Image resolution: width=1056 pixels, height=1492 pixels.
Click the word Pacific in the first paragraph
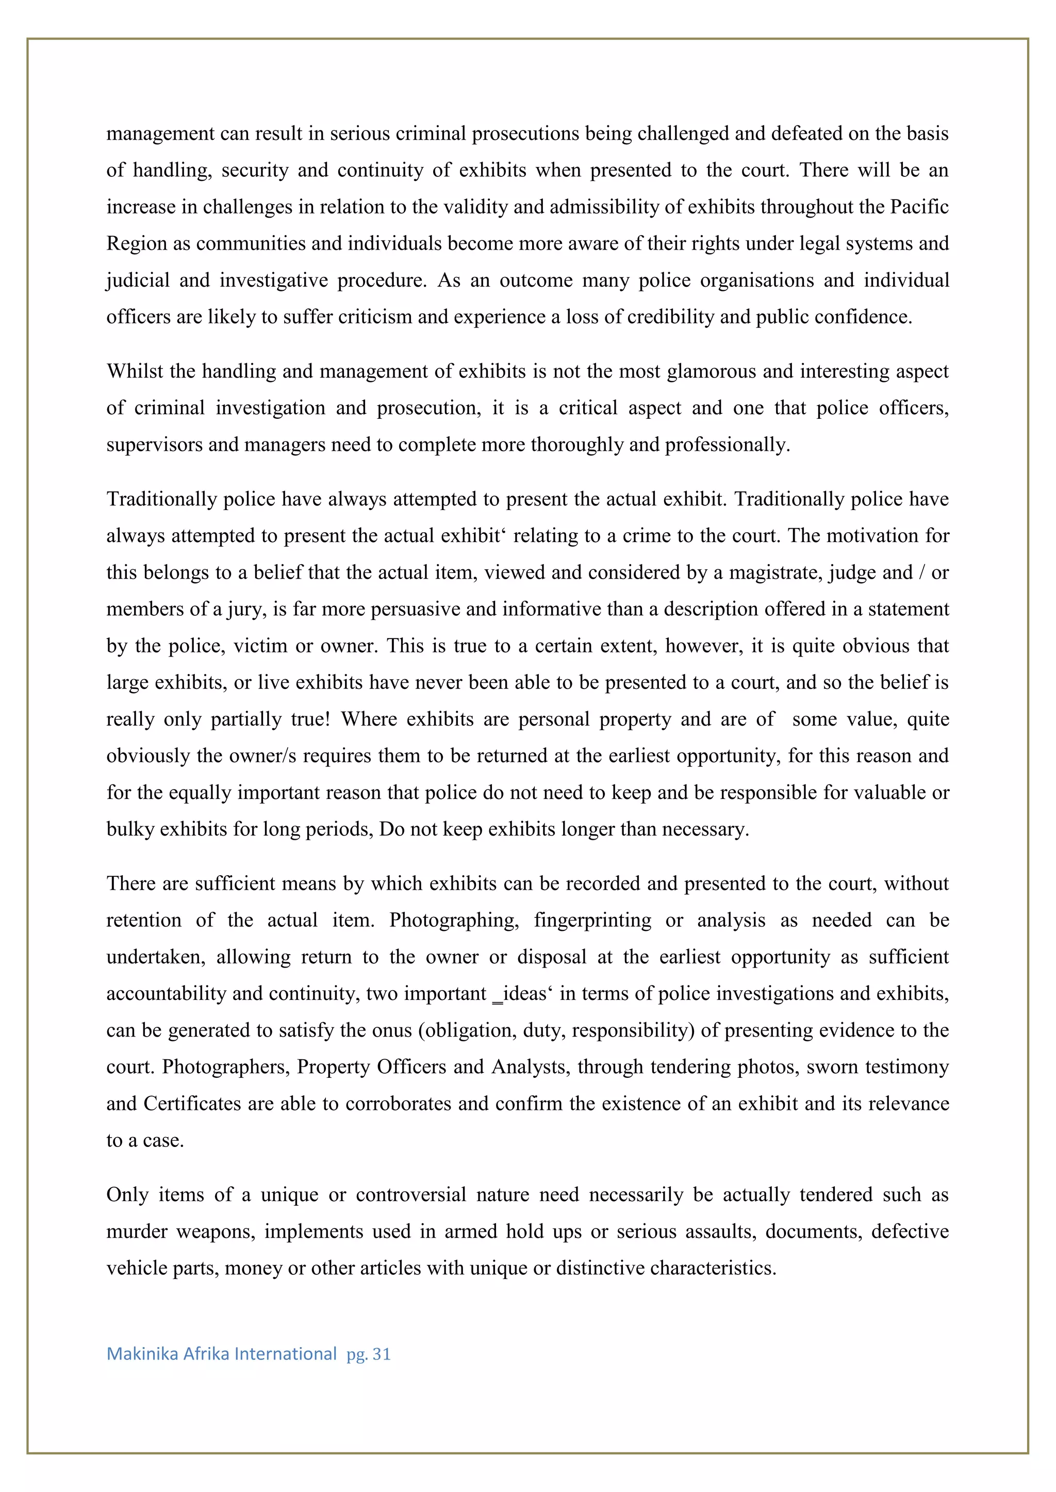(x=919, y=207)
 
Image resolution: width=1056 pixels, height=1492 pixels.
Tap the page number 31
(x=382, y=1354)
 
